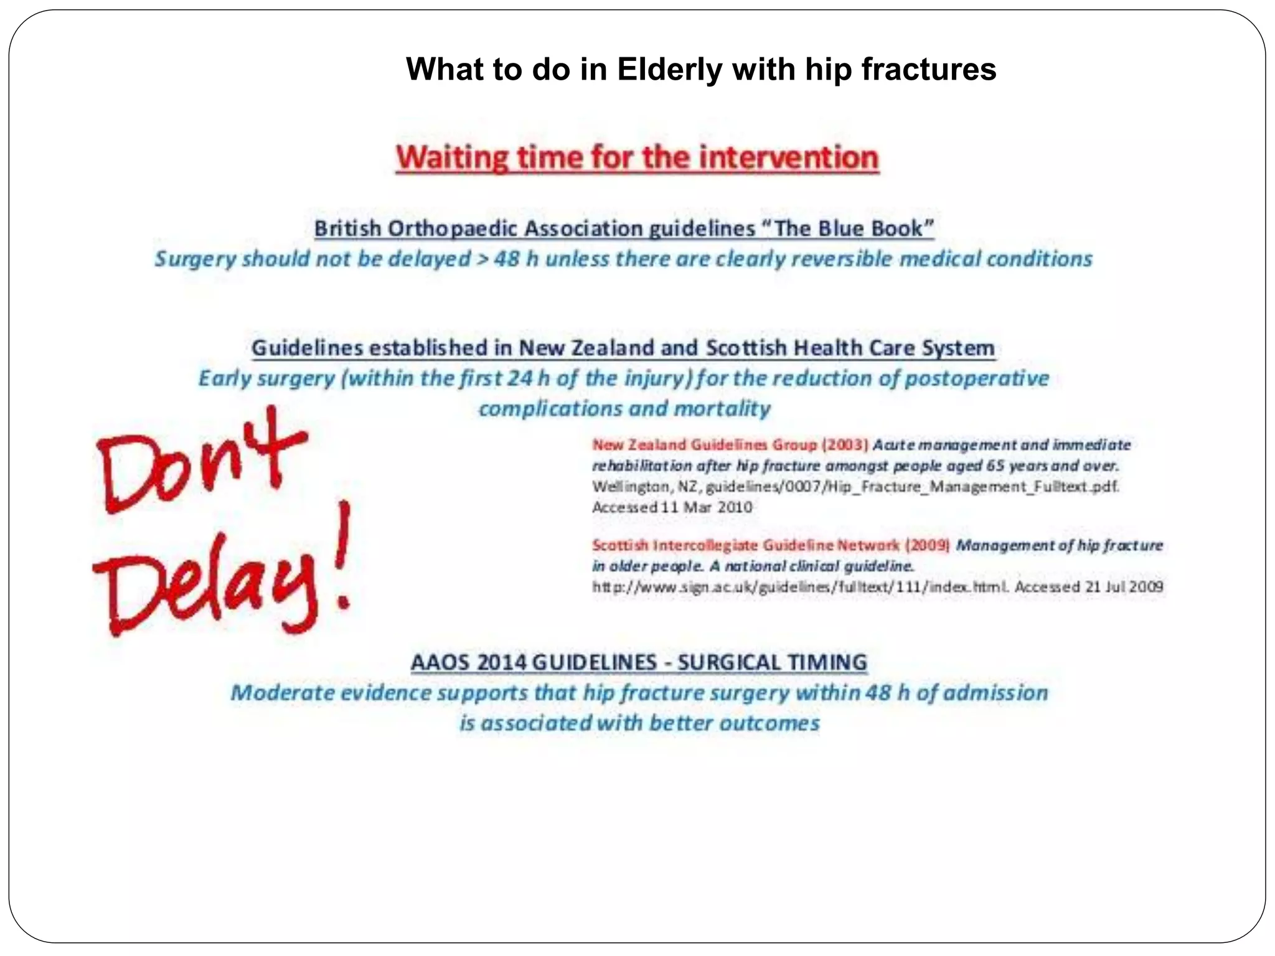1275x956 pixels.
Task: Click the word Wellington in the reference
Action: pyautogui.click(x=629, y=486)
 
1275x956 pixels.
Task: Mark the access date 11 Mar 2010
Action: pyautogui.click(x=706, y=507)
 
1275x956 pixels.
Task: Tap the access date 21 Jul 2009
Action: pyautogui.click(x=1124, y=587)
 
